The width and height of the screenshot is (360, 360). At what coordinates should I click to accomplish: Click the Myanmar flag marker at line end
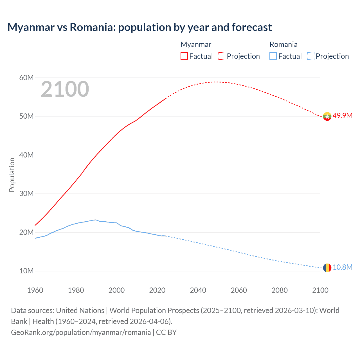(x=327, y=116)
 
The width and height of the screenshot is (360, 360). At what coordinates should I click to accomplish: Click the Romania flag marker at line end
(x=327, y=268)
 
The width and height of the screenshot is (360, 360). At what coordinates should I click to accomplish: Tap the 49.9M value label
(x=342, y=116)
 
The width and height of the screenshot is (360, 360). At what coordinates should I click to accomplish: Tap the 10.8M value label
(x=342, y=267)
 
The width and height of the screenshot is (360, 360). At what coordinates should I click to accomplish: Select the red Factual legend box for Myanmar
(x=184, y=56)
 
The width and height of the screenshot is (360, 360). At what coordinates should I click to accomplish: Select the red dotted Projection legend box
(x=222, y=56)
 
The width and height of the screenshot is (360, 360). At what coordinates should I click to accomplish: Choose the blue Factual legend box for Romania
(x=273, y=56)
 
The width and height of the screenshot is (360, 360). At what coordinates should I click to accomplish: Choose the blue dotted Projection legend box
(x=311, y=56)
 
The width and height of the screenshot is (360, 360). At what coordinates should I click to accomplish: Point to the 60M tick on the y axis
(x=26, y=78)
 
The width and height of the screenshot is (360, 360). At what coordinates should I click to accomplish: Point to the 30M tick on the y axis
(x=26, y=194)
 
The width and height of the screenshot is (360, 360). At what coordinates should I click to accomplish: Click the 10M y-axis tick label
(x=26, y=271)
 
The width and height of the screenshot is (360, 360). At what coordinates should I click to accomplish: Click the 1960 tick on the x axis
(x=35, y=290)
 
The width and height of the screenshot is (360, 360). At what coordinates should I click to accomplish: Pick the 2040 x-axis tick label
(x=198, y=290)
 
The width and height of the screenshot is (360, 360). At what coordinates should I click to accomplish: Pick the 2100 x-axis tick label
(x=320, y=290)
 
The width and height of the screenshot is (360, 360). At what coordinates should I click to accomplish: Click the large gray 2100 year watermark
(x=65, y=89)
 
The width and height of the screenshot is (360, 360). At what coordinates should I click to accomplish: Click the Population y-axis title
(x=12, y=175)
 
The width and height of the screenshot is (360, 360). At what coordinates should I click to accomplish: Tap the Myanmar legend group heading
(x=196, y=44)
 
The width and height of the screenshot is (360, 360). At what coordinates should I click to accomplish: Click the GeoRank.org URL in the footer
(x=81, y=332)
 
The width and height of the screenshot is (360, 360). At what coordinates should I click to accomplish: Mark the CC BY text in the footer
(x=166, y=332)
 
